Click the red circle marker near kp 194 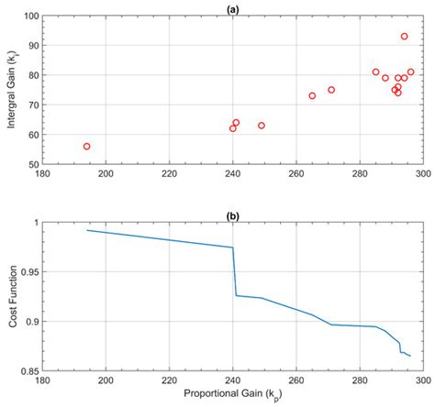(x=87, y=147)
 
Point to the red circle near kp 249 (x=262, y=126)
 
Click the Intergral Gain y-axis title (x=12, y=90)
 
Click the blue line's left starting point (x=87, y=230)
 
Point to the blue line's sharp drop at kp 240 (x=234, y=270)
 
